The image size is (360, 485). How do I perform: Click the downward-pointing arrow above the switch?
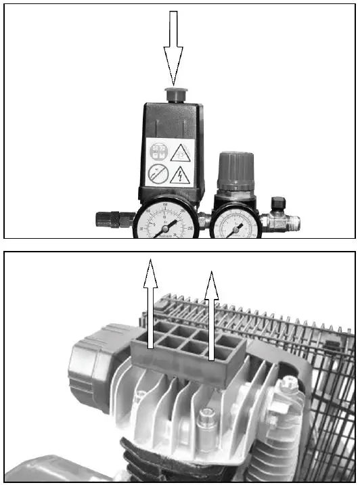(173, 47)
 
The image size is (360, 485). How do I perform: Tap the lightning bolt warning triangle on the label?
(179, 176)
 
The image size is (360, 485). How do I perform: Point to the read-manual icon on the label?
(158, 152)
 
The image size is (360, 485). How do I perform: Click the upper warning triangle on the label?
(180, 153)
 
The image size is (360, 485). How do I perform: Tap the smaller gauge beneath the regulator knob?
(235, 223)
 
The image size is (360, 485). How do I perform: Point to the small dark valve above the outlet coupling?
(278, 204)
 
